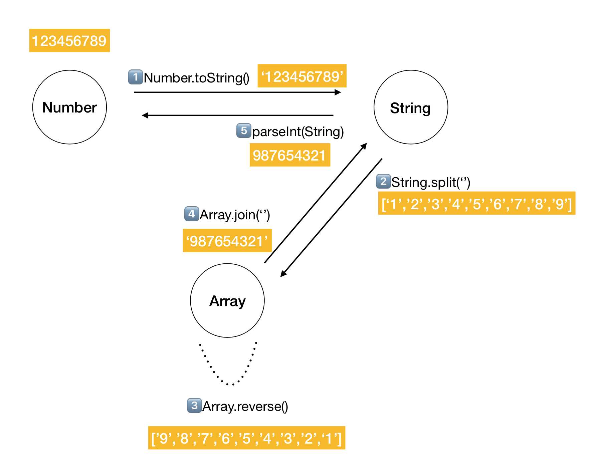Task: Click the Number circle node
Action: [x=69, y=107]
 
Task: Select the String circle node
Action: [x=411, y=107]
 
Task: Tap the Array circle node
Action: [x=227, y=300]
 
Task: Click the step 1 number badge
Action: [x=135, y=77]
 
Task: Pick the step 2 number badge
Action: [x=383, y=181]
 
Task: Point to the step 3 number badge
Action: [x=194, y=406]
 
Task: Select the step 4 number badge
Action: [x=191, y=214]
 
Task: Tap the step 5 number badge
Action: [x=244, y=131]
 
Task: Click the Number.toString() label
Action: [x=197, y=78]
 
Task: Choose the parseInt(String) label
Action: [x=298, y=132]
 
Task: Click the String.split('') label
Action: [x=431, y=182]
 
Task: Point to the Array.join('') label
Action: [x=235, y=215]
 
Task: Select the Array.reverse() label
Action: [x=245, y=406]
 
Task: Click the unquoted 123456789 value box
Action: [x=69, y=41]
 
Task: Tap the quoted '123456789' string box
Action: [x=302, y=76]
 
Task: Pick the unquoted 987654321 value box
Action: [x=290, y=155]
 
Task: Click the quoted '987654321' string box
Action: [x=227, y=241]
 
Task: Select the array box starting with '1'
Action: [x=476, y=203]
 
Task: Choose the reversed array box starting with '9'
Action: [x=246, y=438]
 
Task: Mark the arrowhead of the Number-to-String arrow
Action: [x=338, y=92]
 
